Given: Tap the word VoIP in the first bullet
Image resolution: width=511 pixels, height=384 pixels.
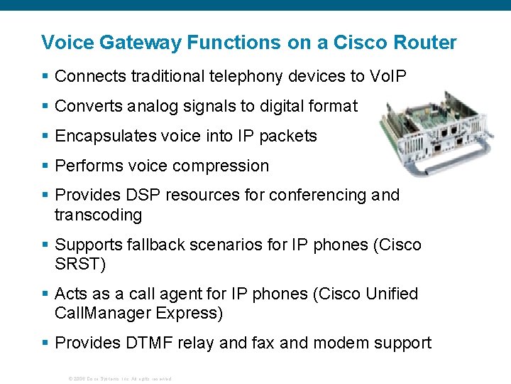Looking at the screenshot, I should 388,76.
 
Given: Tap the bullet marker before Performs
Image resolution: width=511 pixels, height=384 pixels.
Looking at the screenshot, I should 45,166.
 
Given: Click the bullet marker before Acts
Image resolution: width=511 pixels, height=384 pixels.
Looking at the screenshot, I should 45,294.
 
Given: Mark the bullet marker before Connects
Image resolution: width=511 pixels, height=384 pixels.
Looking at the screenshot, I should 45,76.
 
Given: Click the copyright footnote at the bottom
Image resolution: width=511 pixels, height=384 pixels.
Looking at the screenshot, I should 119,378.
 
